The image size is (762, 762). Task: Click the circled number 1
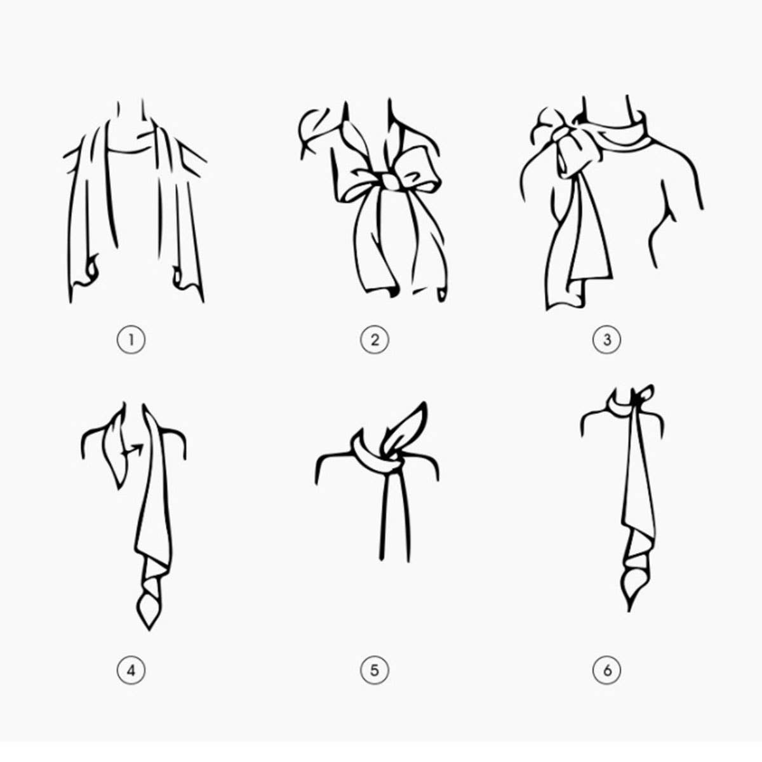pyautogui.click(x=131, y=340)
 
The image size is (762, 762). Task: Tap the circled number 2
pyautogui.click(x=374, y=340)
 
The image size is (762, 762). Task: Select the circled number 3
pyautogui.click(x=607, y=340)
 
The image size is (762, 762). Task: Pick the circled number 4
pyautogui.click(x=131, y=670)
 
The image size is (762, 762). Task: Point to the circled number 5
pyautogui.click(x=374, y=670)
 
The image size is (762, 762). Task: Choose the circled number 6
pyautogui.click(x=607, y=670)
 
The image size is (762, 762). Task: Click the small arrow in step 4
pyautogui.click(x=134, y=450)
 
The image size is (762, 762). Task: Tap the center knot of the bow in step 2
pyautogui.click(x=388, y=182)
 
